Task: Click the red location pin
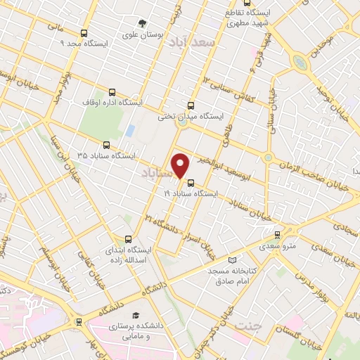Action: click(181, 165)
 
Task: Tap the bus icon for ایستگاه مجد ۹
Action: click(84, 33)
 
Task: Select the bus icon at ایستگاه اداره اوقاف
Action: click(112, 92)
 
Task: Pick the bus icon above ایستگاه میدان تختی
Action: click(200, 105)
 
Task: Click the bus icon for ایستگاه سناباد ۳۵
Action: click(106, 144)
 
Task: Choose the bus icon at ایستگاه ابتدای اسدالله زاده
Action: click(128, 239)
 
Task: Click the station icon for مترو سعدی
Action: click(277, 234)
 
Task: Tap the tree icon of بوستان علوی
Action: click(143, 23)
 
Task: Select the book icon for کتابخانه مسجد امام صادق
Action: click(233, 259)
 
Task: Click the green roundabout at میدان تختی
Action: click(183, 122)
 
